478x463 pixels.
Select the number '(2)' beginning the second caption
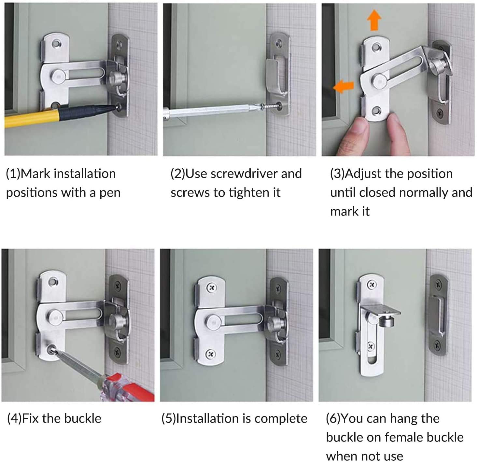pos(177,174)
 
